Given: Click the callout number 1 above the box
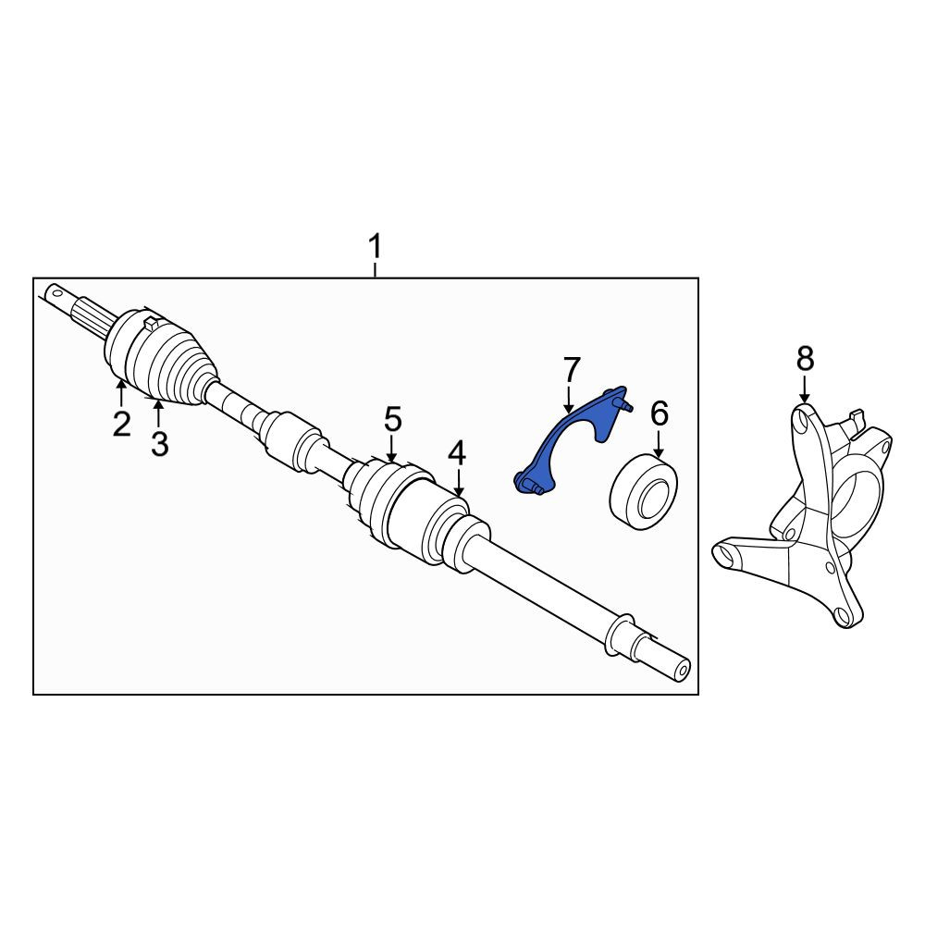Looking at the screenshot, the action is point(375,247).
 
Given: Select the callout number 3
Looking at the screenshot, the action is point(159,444).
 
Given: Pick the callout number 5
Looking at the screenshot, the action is point(393,419).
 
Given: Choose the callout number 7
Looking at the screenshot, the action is point(572,370).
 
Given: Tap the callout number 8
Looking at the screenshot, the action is point(805,358).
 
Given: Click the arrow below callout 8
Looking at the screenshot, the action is point(805,390).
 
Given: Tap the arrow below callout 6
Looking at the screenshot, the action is point(659,444).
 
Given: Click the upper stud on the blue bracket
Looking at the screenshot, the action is point(623,405).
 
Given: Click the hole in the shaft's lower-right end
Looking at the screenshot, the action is point(684,671).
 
